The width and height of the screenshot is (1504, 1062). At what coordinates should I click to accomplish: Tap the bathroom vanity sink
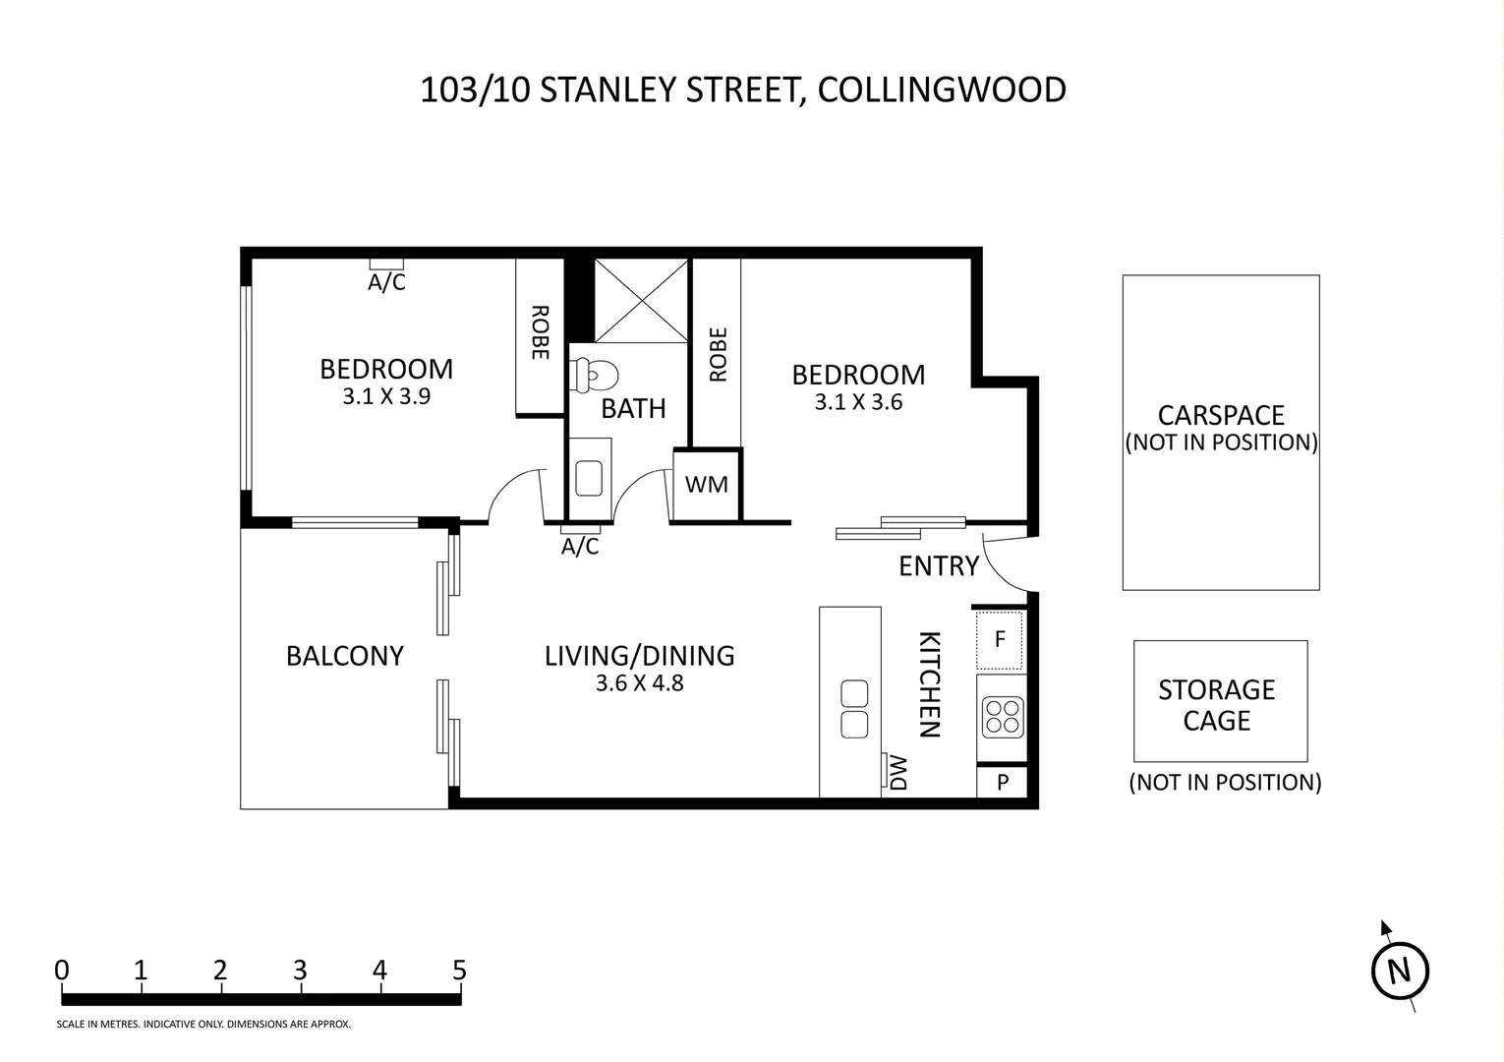click(x=589, y=479)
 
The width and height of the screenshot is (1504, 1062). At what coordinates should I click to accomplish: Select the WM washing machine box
click(x=707, y=484)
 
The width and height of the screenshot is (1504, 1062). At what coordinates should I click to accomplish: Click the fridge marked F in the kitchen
click(x=1000, y=640)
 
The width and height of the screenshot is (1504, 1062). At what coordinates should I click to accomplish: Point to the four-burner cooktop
click(x=1002, y=717)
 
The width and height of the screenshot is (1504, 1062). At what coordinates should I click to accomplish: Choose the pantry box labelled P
click(x=1003, y=782)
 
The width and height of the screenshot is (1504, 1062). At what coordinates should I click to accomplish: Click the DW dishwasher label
click(x=897, y=772)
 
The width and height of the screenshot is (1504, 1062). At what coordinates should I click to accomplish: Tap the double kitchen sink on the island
click(x=854, y=709)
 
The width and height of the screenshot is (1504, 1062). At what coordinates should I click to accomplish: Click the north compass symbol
click(x=1399, y=972)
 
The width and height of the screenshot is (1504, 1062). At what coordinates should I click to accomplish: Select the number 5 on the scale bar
click(x=459, y=971)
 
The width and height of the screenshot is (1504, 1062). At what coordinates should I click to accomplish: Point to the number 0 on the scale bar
click(x=62, y=971)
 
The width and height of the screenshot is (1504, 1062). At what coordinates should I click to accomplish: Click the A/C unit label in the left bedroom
click(x=386, y=282)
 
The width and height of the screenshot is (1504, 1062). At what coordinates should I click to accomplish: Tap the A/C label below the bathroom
click(x=580, y=547)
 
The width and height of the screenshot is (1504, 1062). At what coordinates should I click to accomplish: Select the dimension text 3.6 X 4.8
click(x=639, y=682)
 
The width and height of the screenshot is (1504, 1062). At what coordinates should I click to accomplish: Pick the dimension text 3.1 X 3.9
click(x=386, y=396)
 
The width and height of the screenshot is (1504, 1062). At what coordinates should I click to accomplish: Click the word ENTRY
click(x=939, y=565)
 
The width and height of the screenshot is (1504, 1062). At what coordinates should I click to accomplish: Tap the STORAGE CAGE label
click(x=1217, y=705)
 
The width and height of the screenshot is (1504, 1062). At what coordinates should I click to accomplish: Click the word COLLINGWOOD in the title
click(x=942, y=89)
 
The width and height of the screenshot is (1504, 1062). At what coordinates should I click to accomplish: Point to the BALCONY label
click(x=345, y=656)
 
